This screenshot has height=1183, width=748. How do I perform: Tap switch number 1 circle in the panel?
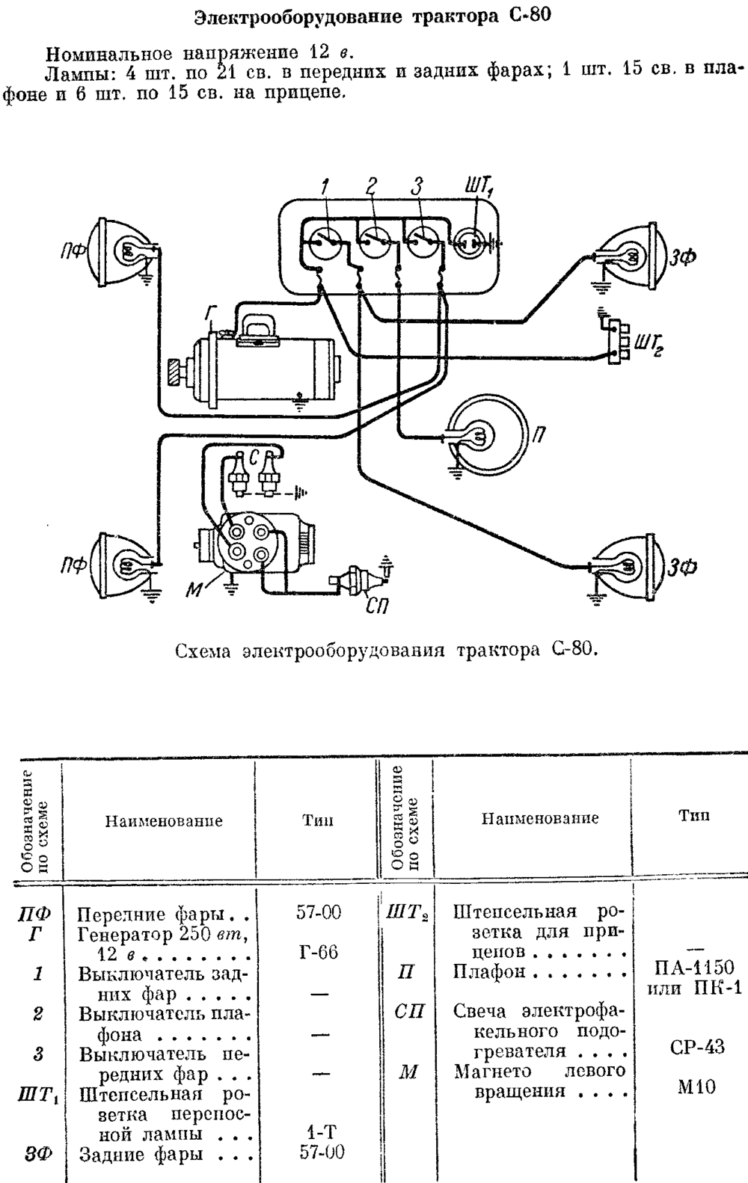point(322,242)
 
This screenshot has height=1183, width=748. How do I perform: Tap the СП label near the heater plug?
point(376,606)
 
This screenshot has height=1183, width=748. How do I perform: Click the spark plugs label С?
point(254,458)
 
